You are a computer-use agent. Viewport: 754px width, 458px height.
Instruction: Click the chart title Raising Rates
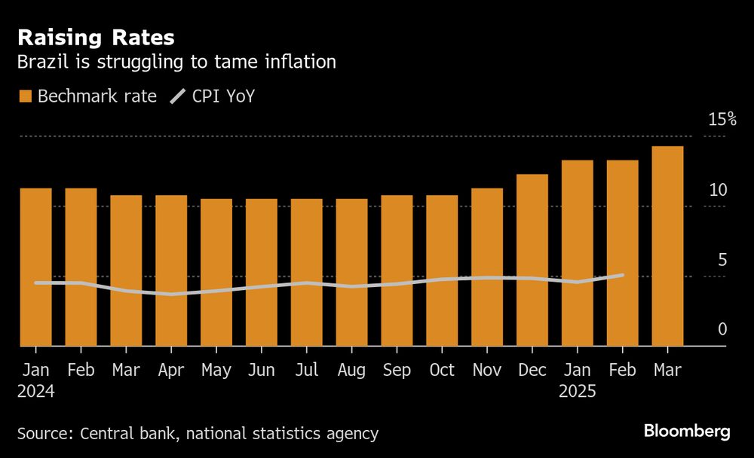tap(96, 38)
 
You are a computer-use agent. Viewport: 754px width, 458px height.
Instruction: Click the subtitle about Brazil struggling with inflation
tap(176, 62)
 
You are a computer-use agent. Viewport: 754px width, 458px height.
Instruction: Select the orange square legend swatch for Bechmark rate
tap(26, 96)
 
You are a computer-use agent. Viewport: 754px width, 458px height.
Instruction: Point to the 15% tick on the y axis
tap(722, 120)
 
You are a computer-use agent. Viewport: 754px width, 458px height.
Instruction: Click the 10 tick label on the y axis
tap(718, 190)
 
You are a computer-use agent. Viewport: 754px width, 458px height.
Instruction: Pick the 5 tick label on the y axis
tap(722, 260)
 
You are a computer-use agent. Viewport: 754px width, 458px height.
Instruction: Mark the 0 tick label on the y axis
tap(722, 329)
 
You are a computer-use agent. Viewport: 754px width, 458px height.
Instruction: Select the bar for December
tap(532, 260)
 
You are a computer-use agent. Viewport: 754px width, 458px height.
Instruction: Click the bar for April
tap(171, 270)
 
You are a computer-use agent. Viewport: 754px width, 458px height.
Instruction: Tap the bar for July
tap(306, 272)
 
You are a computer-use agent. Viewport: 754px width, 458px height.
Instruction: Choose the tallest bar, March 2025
tap(667, 246)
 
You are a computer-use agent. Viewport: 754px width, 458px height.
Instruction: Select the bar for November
tap(486, 267)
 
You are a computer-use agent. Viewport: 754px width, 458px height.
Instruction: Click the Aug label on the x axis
tap(351, 370)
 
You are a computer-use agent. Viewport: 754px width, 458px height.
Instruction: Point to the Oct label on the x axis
tap(442, 370)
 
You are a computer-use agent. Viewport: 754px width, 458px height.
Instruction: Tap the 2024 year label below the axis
tap(35, 392)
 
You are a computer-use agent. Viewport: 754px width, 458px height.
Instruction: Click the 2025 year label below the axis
tap(577, 392)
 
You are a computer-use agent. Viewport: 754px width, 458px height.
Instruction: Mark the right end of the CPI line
tap(623, 275)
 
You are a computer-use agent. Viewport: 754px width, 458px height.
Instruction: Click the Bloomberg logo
tap(687, 431)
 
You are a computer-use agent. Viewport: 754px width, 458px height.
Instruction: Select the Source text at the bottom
tap(198, 433)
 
